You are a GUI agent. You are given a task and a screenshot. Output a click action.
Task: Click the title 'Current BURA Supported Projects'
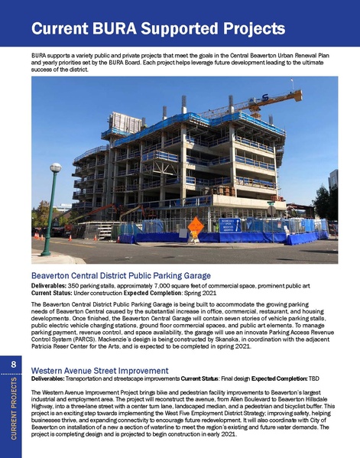[x=158, y=31]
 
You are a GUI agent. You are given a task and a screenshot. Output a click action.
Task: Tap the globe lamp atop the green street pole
[x=55, y=167]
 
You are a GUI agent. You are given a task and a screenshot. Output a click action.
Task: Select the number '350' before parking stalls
[x=76, y=284]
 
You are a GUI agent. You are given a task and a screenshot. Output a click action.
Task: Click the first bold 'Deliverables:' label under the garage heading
[x=50, y=284]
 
